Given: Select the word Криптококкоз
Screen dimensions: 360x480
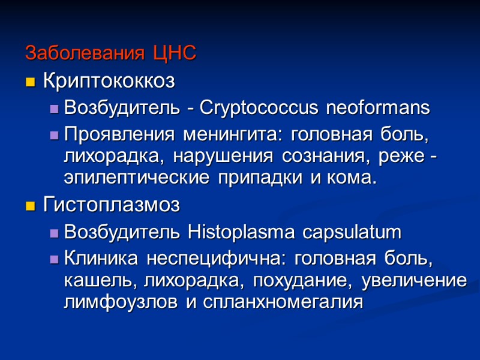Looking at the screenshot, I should point(109,81).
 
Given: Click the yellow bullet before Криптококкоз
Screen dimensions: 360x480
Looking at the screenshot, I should point(30,82).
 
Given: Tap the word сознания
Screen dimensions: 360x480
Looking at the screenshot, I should point(332,156).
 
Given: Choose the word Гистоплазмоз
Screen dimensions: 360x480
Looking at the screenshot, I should point(112,206).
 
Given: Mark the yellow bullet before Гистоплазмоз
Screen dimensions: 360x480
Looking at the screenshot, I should point(30,206).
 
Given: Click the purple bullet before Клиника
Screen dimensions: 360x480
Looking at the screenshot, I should point(53,259).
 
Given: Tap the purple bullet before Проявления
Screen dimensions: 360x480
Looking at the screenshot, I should point(53,134).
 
